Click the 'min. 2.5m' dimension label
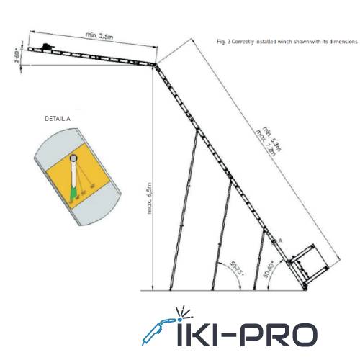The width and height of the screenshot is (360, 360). point(99,36)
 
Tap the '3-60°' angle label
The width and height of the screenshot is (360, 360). point(17,56)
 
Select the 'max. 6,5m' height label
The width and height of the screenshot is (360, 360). point(149,198)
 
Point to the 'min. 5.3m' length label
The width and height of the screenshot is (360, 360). point(271,138)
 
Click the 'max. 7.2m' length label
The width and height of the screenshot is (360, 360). point(266,143)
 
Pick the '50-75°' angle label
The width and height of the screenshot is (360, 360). point(237,268)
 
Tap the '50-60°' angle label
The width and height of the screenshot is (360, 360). point(269,269)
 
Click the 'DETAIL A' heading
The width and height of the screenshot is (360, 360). point(58,119)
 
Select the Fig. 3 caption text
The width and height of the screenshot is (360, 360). point(287,42)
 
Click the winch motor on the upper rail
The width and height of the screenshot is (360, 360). point(48,47)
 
